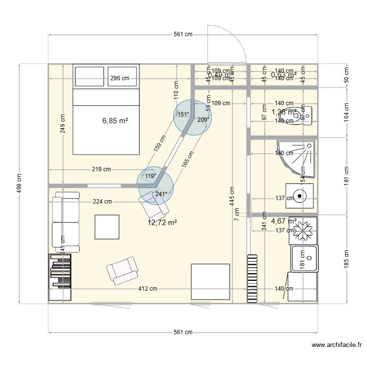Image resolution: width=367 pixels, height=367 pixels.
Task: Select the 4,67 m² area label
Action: (284, 221)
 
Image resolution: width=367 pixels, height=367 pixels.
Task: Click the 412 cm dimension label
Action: (147, 289)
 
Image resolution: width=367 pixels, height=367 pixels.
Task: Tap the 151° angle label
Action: (183, 115)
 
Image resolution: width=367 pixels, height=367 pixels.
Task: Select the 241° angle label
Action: (161, 194)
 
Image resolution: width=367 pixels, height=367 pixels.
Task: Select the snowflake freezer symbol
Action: (303, 230)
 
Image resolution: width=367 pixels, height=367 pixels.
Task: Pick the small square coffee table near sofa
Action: (107, 227)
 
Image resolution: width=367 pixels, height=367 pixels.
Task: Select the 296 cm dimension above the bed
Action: (119, 78)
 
